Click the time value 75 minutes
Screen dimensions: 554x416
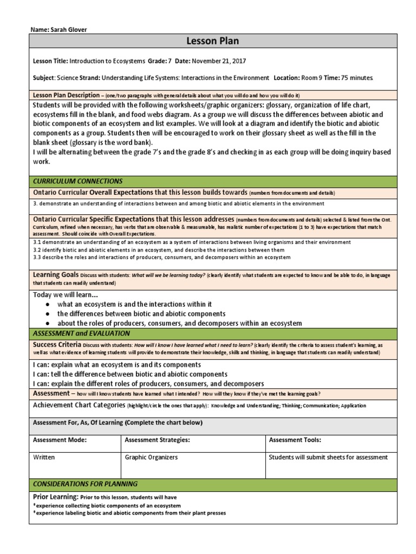(x=357, y=78)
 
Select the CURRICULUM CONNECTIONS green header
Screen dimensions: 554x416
(x=78, y=181)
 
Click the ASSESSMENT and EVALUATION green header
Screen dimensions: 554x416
(x=82, y=333)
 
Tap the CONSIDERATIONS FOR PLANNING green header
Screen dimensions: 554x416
(x=86, y=484)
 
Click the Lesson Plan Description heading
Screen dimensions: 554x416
(x=67, y=95)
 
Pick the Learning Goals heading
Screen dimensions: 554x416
(x=56, y=275)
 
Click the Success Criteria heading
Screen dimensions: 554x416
(x=57, y=344)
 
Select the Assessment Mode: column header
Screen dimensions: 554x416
(x=60, y=440)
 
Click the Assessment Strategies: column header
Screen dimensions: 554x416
(x=157, y=440)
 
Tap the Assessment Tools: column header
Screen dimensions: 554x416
(x=295, y=440)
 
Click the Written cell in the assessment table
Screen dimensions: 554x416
(x=44, y=457)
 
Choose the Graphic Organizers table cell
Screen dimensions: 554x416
(x=151, y=457)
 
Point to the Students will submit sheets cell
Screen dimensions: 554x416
(x=328, y=457)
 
